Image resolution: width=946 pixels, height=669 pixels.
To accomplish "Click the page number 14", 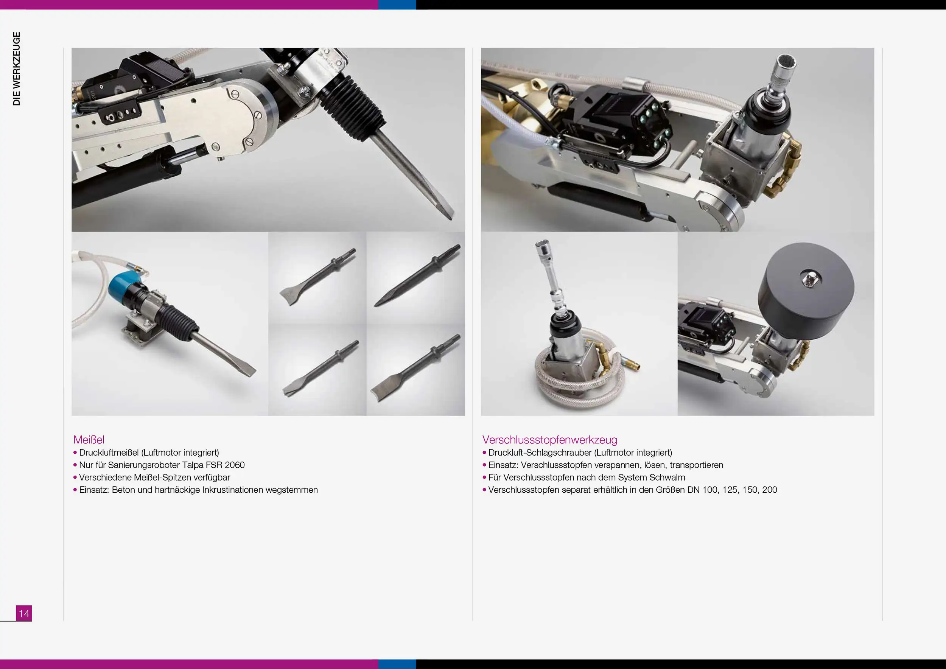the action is (24, 613).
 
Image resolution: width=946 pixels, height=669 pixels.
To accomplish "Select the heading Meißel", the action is (89, 440).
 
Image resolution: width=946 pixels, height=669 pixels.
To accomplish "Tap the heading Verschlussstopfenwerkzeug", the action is (550, 440).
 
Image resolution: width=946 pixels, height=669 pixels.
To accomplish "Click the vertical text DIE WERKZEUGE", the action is (17, 68).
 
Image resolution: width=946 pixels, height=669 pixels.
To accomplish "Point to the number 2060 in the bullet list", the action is (235, 465).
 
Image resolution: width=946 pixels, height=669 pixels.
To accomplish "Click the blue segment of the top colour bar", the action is (397, 5).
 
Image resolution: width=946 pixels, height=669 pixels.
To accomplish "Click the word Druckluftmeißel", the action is (109, 453).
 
